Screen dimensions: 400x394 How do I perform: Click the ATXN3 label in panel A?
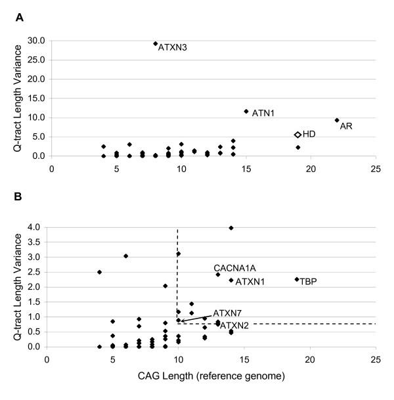coord(173,48)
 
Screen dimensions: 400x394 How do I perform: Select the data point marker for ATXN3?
coord(156,43)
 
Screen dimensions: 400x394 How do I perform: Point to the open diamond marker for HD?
coord(297,134)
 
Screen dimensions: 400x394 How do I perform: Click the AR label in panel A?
coord(345,125)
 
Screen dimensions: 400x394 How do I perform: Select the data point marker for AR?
coord(337,120)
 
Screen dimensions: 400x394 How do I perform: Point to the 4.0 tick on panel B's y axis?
coord(33,227)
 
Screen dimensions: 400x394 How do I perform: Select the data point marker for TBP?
coord(297,279)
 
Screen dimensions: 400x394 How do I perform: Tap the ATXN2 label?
coord(234,326)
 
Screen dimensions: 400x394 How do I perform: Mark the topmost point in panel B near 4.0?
coord(231,228)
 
